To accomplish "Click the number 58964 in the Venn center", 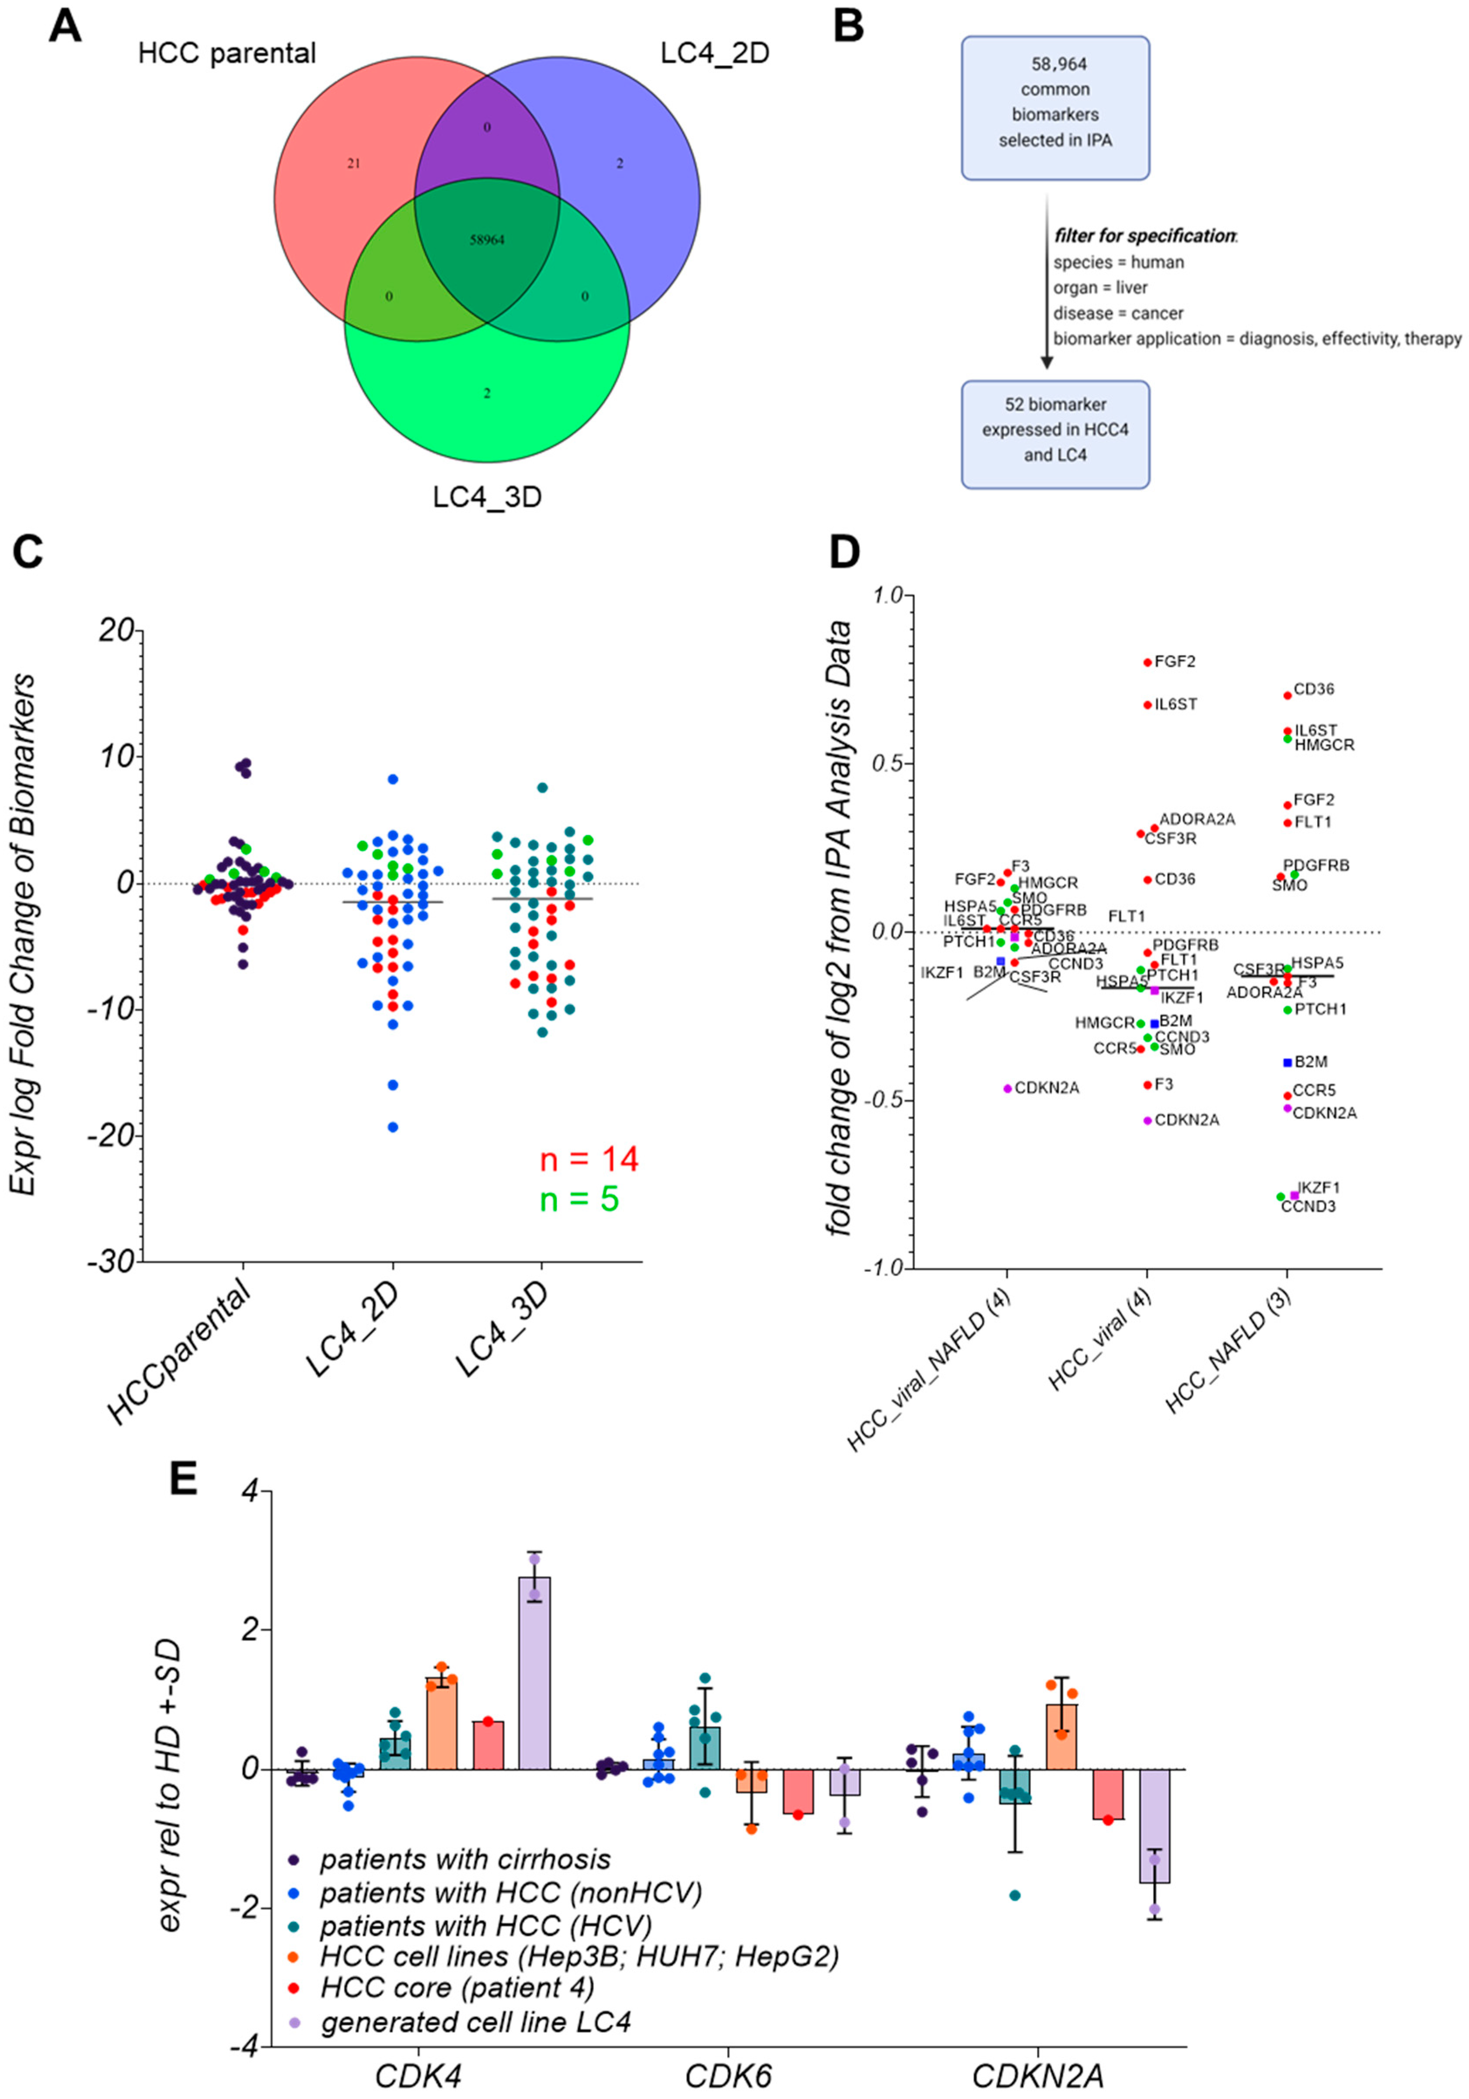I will (x=486, y=240).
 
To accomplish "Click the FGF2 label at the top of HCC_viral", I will (x=1175, y=661).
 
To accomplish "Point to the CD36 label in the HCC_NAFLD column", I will (x=1314, y=689).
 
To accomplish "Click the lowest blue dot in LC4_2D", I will (x=393, y=1127).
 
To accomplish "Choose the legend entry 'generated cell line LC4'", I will (x=476, y=2021).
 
